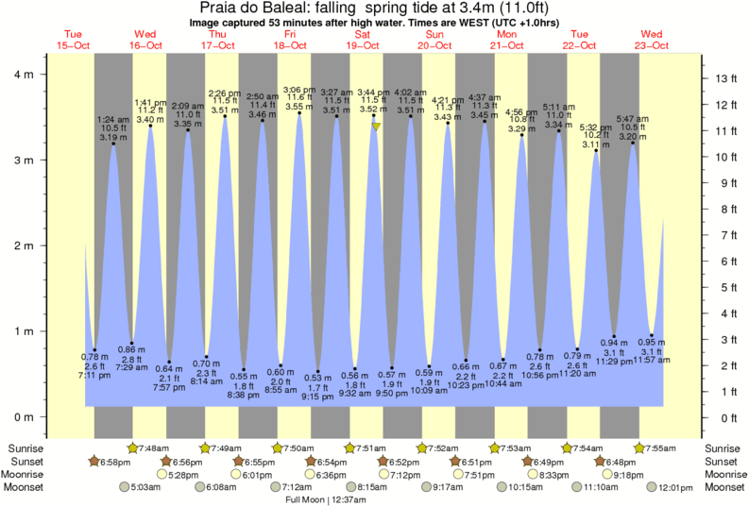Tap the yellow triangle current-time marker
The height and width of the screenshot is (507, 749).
pyautogui.click(x=376, y=126)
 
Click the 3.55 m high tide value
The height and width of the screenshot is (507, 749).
pyautogui.click(x=299, y=107)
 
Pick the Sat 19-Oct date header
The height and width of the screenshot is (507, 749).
pyautogui.click(x=364, y=40)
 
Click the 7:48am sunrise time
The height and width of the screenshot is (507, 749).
pyautogui.click(x=154, y=448)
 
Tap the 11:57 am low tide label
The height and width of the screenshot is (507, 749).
pyautogui.click(x=652, y=361)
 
